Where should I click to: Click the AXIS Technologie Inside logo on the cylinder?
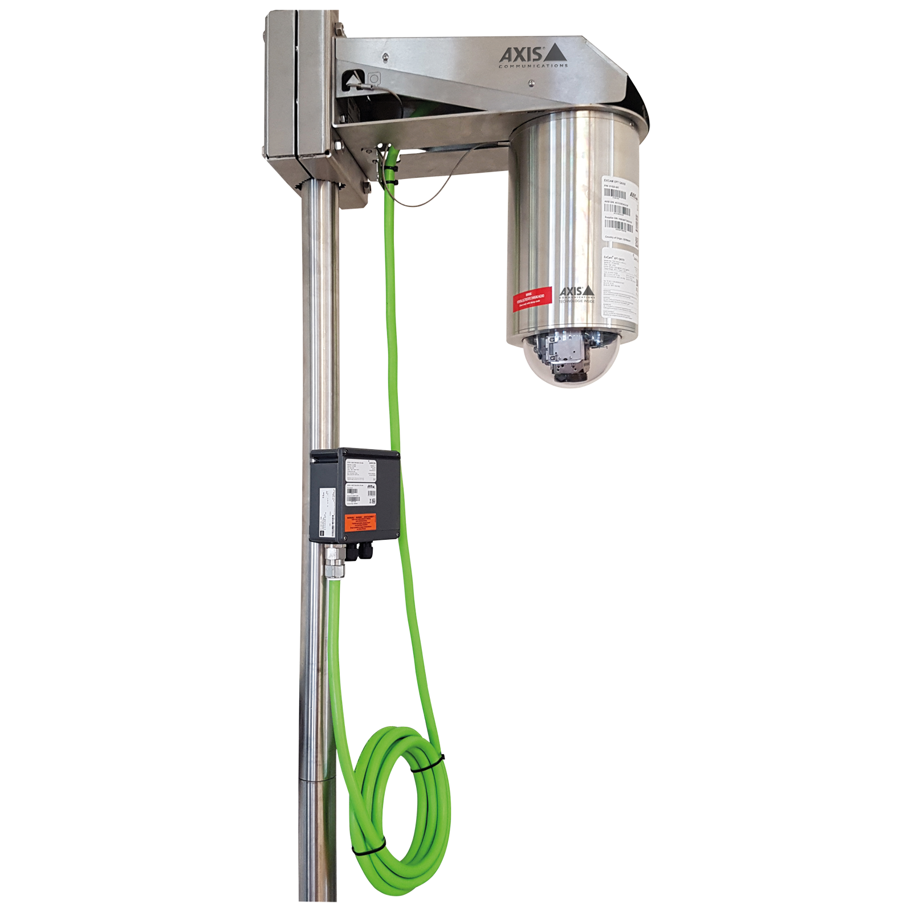pos(576,294)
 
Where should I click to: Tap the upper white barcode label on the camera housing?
pos(620,209)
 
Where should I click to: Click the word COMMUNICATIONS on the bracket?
pos(533,66)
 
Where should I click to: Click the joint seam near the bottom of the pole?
pos(318,780)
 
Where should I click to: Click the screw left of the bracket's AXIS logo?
pos(386,56)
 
